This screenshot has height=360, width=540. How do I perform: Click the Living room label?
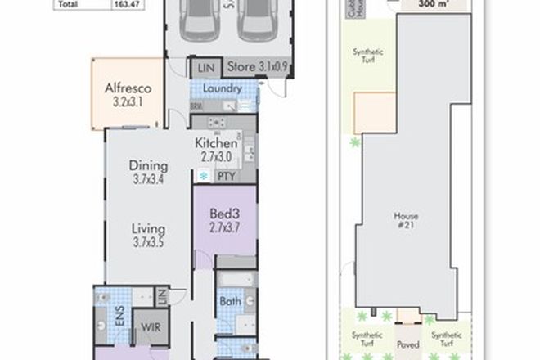148,228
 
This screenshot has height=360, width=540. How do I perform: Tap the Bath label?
230,301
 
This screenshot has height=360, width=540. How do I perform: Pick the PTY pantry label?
227,176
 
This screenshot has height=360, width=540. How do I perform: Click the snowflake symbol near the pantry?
204,176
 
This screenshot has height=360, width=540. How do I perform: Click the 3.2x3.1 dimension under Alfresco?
127,104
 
